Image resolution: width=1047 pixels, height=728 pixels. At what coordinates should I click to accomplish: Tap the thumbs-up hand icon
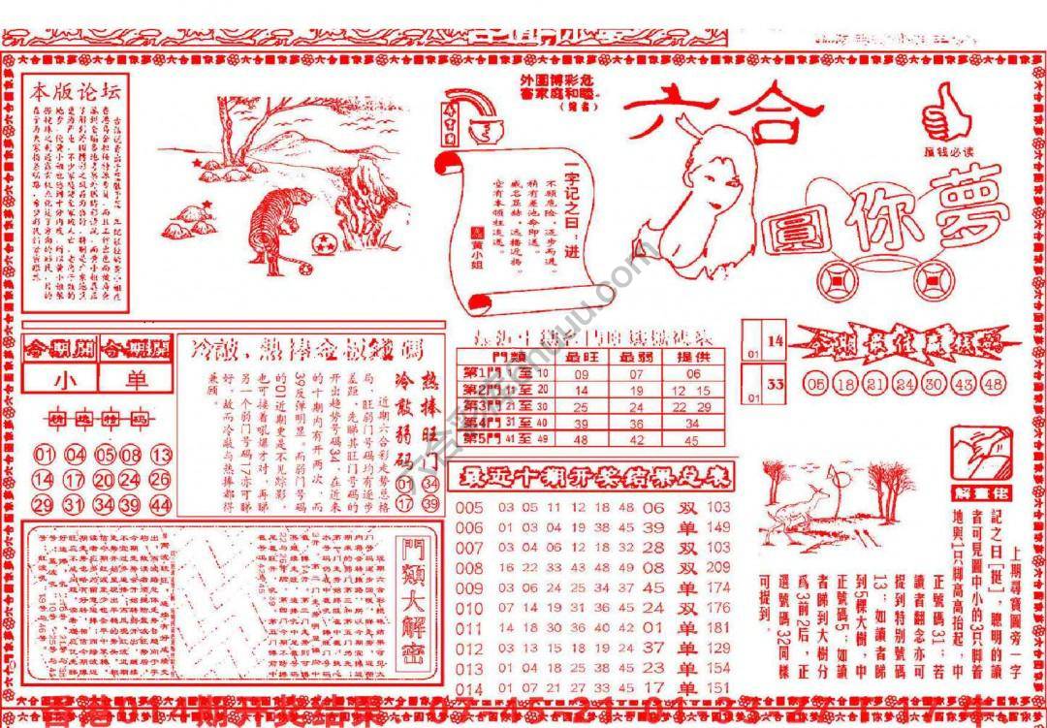(945, 114)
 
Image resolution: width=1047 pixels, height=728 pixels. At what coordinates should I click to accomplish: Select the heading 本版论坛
(76, 93)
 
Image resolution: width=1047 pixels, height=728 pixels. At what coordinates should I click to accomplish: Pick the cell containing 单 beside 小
(136, 380)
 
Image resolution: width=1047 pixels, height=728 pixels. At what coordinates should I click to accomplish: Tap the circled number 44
(161, 505)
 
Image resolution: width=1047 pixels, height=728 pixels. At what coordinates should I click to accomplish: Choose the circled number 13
(161, 455)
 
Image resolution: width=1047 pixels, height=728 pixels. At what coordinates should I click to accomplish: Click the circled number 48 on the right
(993, 384)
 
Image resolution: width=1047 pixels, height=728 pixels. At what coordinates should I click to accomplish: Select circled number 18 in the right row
(845, 384)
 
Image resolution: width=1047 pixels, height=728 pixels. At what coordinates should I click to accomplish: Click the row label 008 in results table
(468, 568)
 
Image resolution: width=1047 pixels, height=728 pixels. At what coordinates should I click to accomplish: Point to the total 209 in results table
(718, 568)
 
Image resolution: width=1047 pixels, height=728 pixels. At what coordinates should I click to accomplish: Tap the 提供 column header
(690, 357)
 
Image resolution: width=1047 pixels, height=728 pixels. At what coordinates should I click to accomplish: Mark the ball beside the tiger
(322, 241)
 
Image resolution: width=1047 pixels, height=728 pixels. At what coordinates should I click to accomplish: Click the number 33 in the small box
(775, 384)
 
